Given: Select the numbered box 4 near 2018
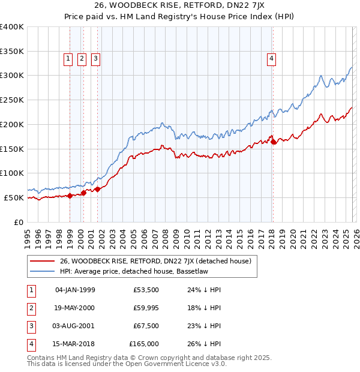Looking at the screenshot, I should [x=272, y=59].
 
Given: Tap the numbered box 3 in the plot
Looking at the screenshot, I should [x=95, y=59].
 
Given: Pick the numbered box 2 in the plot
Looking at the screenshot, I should [x=82, y=59].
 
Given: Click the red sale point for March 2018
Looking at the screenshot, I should [x=274, y=142].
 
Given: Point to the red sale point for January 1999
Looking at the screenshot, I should [x=70, y=196].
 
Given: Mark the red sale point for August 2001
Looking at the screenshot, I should [x=97, y=189].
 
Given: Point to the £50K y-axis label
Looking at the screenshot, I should [x=14, y=197].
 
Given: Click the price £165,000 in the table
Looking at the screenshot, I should [x=144, y=344].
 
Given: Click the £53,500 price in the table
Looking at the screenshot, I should [x=146, y=290].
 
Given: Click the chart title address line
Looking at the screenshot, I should [x=180, y=7].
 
